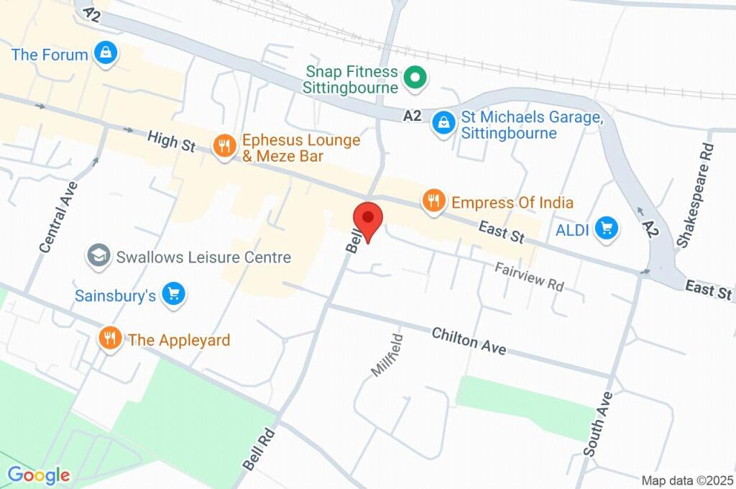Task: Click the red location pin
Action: pyautogui.click(x=369, y=219)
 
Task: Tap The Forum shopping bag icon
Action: pyautogui.click(x=106, y=54)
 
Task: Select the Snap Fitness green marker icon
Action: pyautogui.click(x=414, y=78)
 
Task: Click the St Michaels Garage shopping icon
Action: pyautogui.click(x=443, y=122)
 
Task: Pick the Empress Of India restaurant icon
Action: pyautogui.click(x=433, y=201)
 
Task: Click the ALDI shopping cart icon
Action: pyautogui.click(x=608, y=229)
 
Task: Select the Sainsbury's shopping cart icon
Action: pyautogui.click(x=172, y=294)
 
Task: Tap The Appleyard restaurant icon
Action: pyautogui.click(x=109, y=338)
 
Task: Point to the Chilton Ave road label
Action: pyautogui.click(x=469, y=340)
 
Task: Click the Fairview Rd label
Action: pyautogui.click(x=530, y=275)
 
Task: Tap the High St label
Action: pyautogui.click(x=171, y=141)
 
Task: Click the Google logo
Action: pyautogui.click(x=39, y=475)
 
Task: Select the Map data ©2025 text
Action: pyautogui.click(x=687, y=480)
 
